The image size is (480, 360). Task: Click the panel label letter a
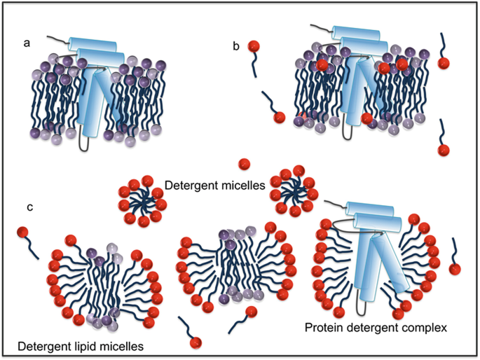click(x=27, y=43)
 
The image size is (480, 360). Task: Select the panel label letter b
click(x=236, y=46)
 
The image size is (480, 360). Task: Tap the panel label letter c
click(x=30, y=208)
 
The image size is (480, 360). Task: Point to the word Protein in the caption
click(x=325, y=328)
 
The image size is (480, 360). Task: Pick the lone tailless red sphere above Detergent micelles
click(x=244, y=165)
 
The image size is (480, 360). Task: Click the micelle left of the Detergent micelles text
click(x=142, y=201)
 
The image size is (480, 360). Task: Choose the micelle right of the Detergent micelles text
click(x=294, y=191)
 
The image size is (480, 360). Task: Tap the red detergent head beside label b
click(x=254, y=46)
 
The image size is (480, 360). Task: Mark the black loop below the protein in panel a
click(x=83, y=141)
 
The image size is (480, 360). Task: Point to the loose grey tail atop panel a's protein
click(x=57, y=39)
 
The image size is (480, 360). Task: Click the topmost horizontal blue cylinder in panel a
click(x=92, y=45)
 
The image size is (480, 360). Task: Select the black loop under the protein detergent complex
click(x=362, y=307)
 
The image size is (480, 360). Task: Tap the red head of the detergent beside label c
click(x=22, y=232)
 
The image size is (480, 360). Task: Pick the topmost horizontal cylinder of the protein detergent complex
click(x=370, y=210)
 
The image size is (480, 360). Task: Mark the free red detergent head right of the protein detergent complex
click(x=455, y=270)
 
